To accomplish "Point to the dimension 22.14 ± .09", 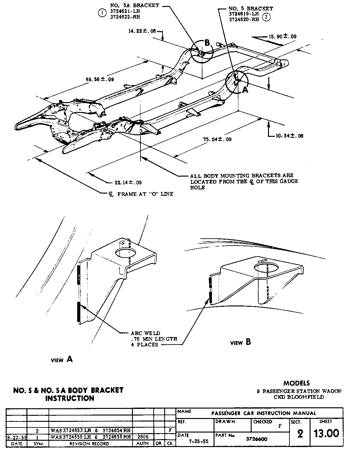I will point(128,182).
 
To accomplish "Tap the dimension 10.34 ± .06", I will point(289,136).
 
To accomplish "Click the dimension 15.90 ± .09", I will point(282,37).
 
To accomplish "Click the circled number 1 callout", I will point(102,13).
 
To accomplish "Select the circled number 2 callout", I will point(266,18).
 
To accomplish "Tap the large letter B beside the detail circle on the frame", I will point(207,43).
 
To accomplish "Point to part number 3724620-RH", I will point(244,19).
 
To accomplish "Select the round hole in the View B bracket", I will point(266,268).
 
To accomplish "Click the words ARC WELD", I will point(146,333).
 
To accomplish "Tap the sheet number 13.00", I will point(326,433).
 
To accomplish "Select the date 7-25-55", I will point(199,441).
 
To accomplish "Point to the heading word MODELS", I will point(296,383).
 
